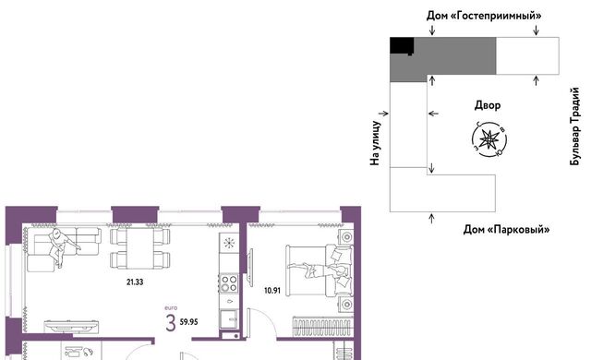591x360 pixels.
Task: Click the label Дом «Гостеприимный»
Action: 484,16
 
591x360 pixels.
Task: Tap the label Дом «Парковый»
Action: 506,229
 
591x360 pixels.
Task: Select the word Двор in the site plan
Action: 488,105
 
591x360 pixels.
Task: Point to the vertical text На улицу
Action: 375,143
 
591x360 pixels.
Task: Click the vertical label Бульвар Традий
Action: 574,126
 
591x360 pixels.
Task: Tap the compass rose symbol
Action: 489,139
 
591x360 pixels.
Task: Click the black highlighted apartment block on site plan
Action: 402,45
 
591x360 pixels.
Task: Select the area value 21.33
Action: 135,282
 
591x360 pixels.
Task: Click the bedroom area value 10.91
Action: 272,291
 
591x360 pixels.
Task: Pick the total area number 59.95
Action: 188,322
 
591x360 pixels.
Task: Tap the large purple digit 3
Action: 171,323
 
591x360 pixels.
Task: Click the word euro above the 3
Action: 171,308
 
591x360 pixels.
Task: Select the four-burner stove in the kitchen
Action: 229,284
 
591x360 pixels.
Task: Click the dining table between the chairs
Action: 140,248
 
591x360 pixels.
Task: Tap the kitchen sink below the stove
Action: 229,318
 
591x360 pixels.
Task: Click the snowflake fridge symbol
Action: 229,244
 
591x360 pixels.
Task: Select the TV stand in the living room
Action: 72,326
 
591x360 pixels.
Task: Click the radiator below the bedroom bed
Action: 322,326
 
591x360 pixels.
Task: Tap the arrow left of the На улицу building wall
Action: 384,114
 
